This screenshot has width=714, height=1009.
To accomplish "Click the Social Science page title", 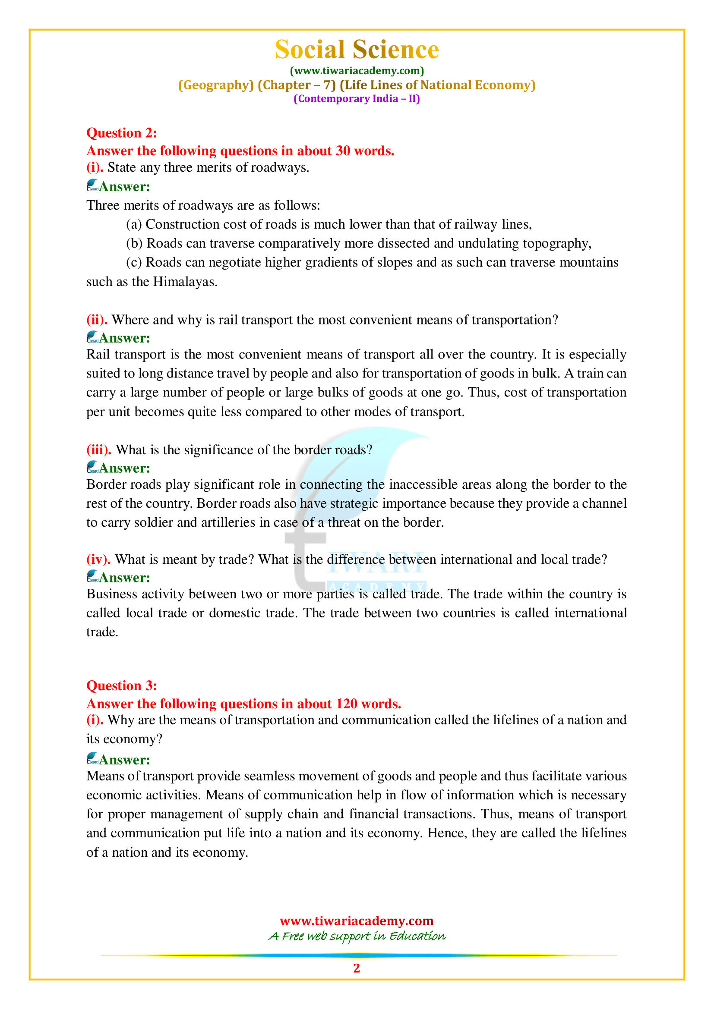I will click(x=357, y=49).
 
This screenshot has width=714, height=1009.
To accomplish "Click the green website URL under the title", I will click(x=357, y=71).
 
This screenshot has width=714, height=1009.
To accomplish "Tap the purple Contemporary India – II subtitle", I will click(x=357, y=98).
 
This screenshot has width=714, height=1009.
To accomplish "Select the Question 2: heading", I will click(x=122, y=133).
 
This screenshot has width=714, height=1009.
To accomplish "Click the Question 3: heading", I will click(x=122, y=685).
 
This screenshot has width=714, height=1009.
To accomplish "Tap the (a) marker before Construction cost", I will click(x=134, y=224).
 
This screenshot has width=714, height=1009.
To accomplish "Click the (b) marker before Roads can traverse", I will click(x=134, y=243).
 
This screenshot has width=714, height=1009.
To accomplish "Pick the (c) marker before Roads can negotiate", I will click(x=134, y=262).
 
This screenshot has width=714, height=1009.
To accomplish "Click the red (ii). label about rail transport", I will click(x=97, y=320).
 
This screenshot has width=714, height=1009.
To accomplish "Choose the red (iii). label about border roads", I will click(x=99, y=449).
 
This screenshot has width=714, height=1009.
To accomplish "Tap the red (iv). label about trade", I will click(x=98, y=559).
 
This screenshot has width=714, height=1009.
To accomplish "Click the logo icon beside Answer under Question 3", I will click(x=92, y=758).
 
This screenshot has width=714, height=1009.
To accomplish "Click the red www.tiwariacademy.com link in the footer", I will click(x=357, y=921).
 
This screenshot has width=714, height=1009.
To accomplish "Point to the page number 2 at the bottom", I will click(x=357, y=968).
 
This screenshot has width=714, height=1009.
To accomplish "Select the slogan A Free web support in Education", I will click(x=357, y=936).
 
